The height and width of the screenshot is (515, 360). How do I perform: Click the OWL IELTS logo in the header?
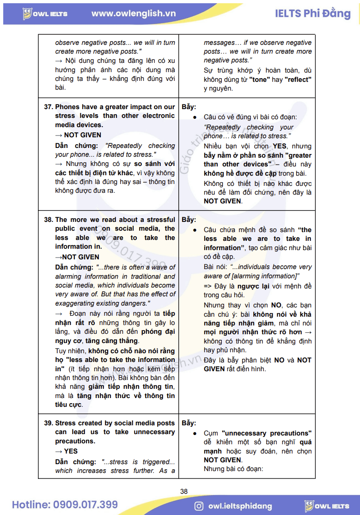coord(45,13)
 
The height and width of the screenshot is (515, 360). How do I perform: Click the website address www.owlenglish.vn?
coord(134,13)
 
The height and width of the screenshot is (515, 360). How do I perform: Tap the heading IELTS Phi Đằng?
coord(312,13)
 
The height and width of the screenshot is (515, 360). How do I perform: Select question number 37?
coord(48,107)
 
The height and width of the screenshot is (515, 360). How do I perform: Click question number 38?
coord(48,220)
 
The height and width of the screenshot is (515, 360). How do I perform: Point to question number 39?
coord(48,423)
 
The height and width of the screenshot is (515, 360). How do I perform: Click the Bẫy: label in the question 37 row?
coord(189,107)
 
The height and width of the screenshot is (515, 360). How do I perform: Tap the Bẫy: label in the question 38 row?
coord(189,220)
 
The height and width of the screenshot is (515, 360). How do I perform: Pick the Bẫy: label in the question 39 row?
coord(189,423)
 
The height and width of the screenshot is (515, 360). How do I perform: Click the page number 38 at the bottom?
coord(184,491)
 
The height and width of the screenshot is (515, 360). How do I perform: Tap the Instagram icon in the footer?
coord(199,506)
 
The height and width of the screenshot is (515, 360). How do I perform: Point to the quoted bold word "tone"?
coord(260,80)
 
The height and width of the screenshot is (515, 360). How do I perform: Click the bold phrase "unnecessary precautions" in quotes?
coord(266,433)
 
